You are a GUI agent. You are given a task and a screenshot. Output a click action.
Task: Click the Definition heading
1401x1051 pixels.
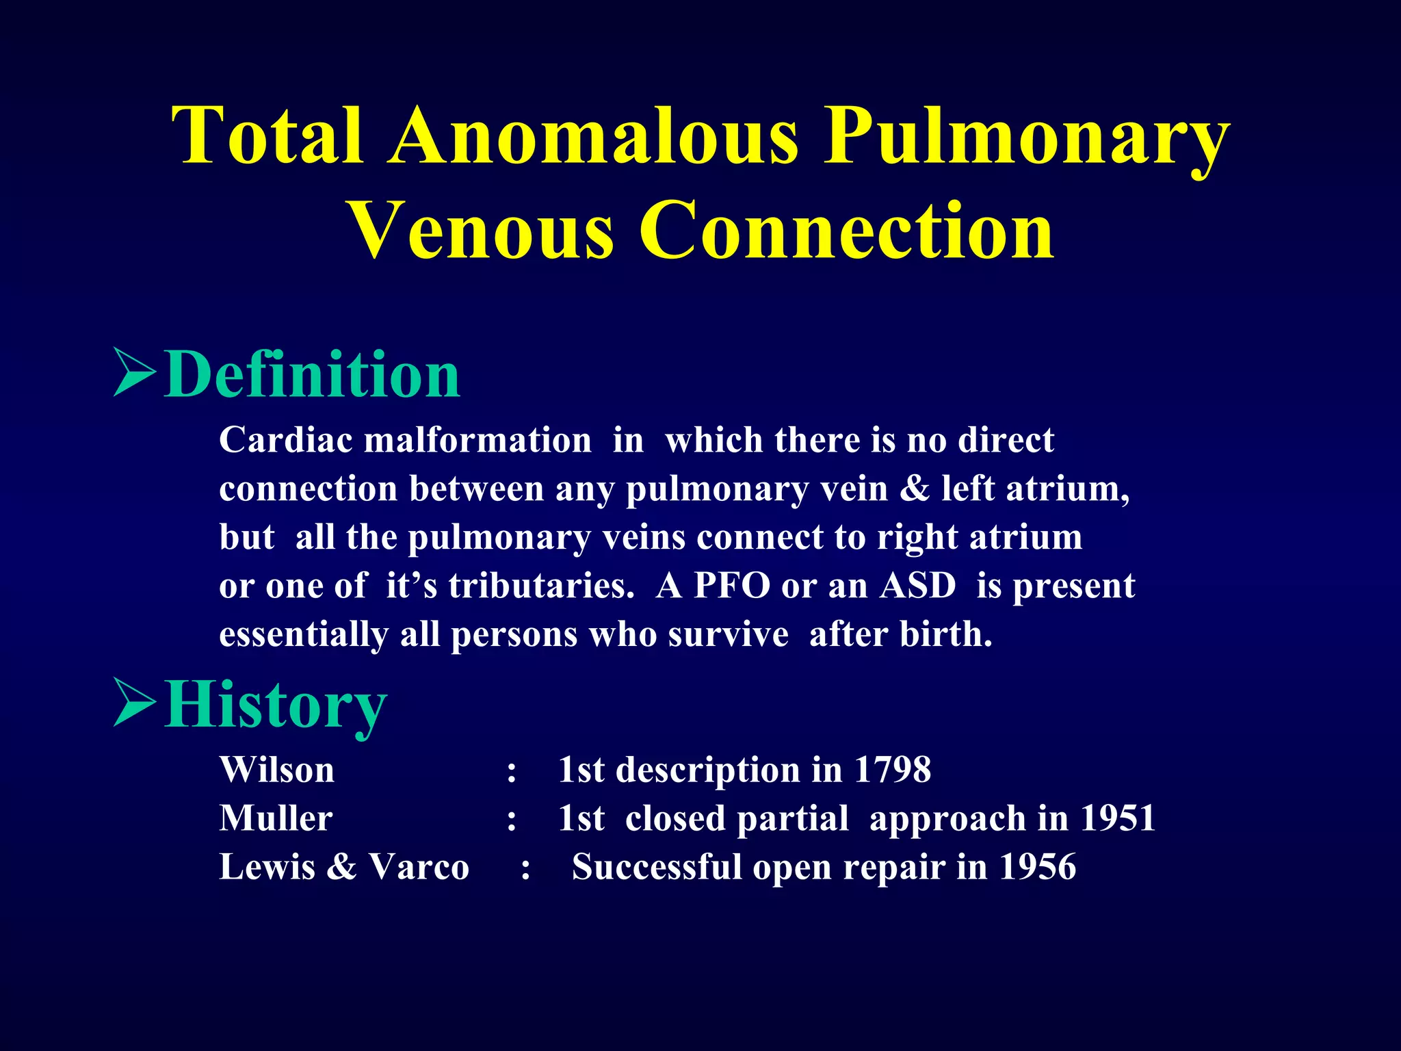[313, 374]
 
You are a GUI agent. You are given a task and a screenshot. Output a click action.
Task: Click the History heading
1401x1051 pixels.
[276, 705]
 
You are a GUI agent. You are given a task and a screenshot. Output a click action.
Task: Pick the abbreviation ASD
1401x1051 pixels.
[917, 586]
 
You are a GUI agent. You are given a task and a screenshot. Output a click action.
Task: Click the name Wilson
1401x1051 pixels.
[277, 770]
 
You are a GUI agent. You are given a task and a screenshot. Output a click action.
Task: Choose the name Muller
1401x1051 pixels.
[276, 818]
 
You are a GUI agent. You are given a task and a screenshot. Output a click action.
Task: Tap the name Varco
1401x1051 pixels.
[419, 867]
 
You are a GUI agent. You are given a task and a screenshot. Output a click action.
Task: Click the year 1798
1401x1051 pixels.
[892, 770]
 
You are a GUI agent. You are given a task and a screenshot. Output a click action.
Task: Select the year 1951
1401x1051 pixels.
[1118, 818]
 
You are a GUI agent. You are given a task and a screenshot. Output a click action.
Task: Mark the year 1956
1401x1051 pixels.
[1037, 867]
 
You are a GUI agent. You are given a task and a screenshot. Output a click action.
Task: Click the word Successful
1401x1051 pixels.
[657, 867]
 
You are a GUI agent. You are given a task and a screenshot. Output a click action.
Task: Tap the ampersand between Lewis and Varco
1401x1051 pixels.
[341, 867]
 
